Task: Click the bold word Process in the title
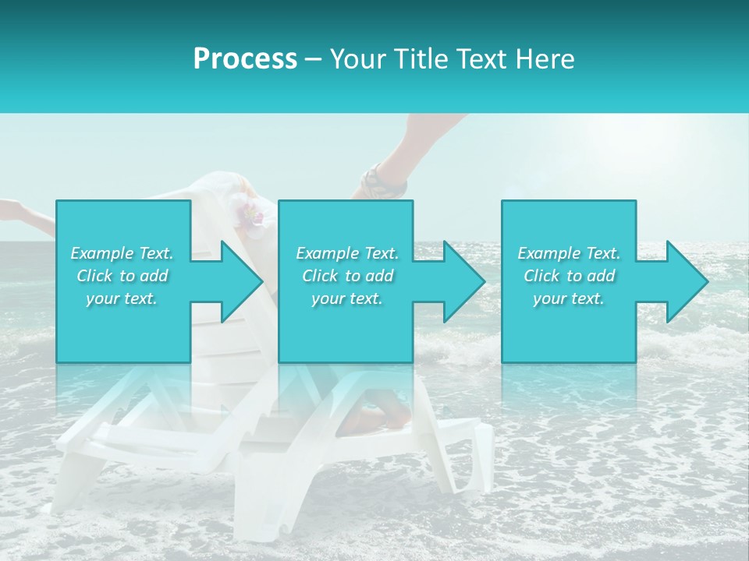pyautogui.click(x=245, y=59)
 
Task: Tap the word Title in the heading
pyautogui.click(x=419, y=59)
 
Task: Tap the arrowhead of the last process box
pyautogui.click(x=686, y=281)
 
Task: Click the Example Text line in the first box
pyautogui.click(x=122, y=253)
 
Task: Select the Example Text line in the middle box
pyautogui.click(x=347, y=253)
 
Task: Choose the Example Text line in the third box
pyautogui.click(x=569, y=253)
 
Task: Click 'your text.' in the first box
pyautogui.click(x=122, y=298)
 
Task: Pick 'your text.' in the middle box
pyautogui.click(x=347, y=298)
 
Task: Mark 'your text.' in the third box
pyautogui.click(x=569, y=298)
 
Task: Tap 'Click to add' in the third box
pyautogui.click(x=569, y=276)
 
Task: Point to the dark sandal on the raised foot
pyautogui.click(x=380, y=182)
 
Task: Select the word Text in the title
pyautogui.click(x=480, y=59)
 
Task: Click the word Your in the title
pyautogui.click(x=356, y=59)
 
